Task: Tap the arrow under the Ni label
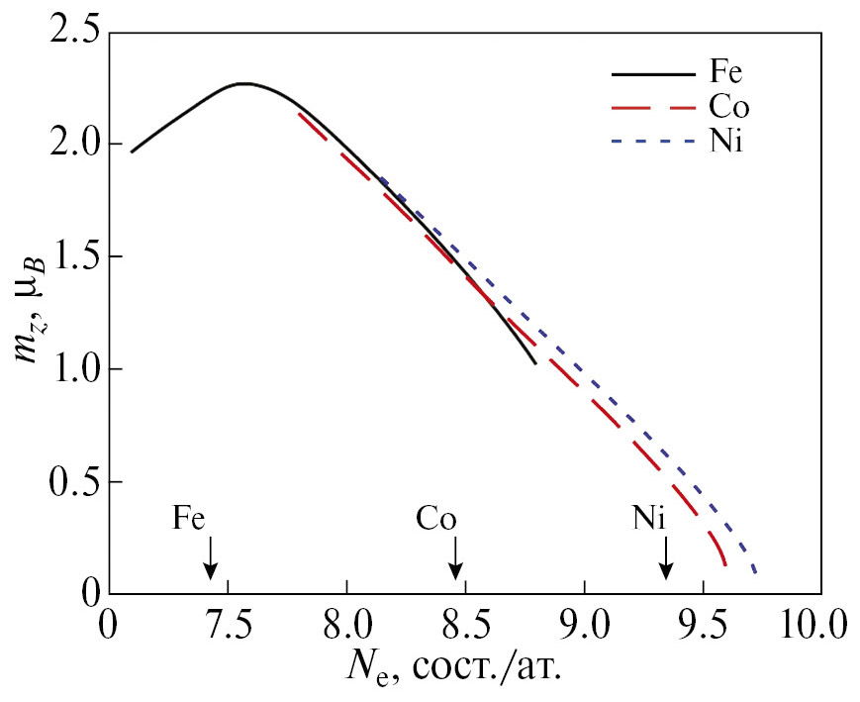pyautogui.click(x=667, y=559)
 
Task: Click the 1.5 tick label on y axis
pyautogui.click(x=73, y=257)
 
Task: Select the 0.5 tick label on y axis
pyautogui.click(x=73, y=483)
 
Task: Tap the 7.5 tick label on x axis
pyautogui.click(x=228, y=628)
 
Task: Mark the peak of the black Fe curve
pyautogui.click(x=244, y=84)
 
